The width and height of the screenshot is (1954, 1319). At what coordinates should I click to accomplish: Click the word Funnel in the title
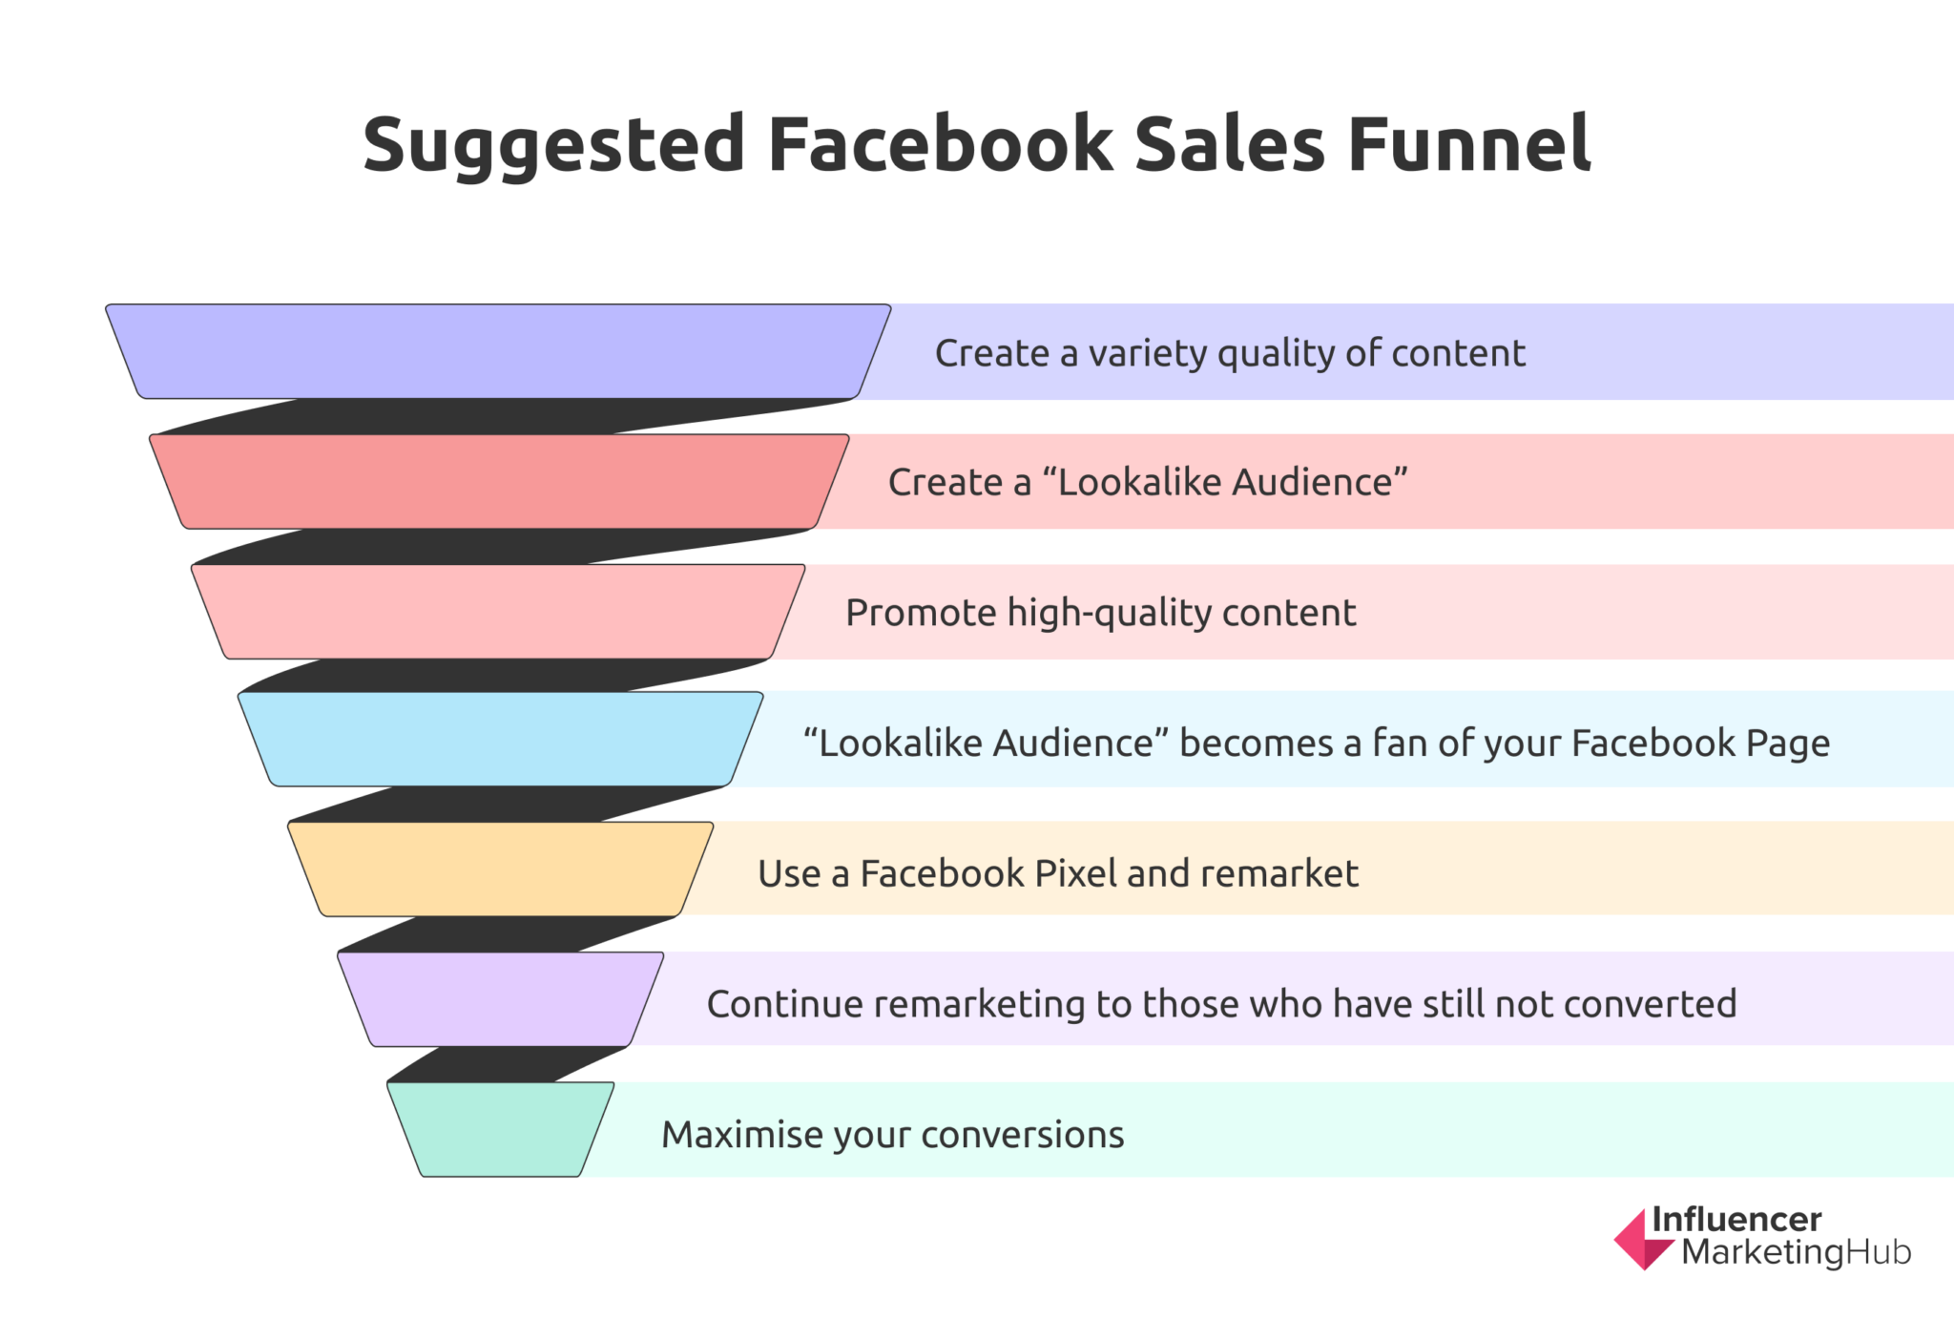pos(1469,145)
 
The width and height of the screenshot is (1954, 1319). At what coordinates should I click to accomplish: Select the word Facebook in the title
pos(940,145)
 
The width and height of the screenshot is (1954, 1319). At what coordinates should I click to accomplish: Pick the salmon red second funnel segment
pos(499,481)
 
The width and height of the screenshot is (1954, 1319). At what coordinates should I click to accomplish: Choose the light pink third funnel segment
pos(498,612)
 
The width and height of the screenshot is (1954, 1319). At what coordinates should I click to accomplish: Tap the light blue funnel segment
pos(500,740)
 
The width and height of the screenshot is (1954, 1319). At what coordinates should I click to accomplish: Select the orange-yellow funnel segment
pos(500,869)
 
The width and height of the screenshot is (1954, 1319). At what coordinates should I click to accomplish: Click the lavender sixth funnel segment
pos(500,999)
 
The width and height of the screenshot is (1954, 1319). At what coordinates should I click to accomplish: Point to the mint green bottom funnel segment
pos(500,1129)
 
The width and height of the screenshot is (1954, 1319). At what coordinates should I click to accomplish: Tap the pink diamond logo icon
pos(1642,1240)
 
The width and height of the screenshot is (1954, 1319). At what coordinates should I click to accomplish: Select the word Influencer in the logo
pos(1736,1219)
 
